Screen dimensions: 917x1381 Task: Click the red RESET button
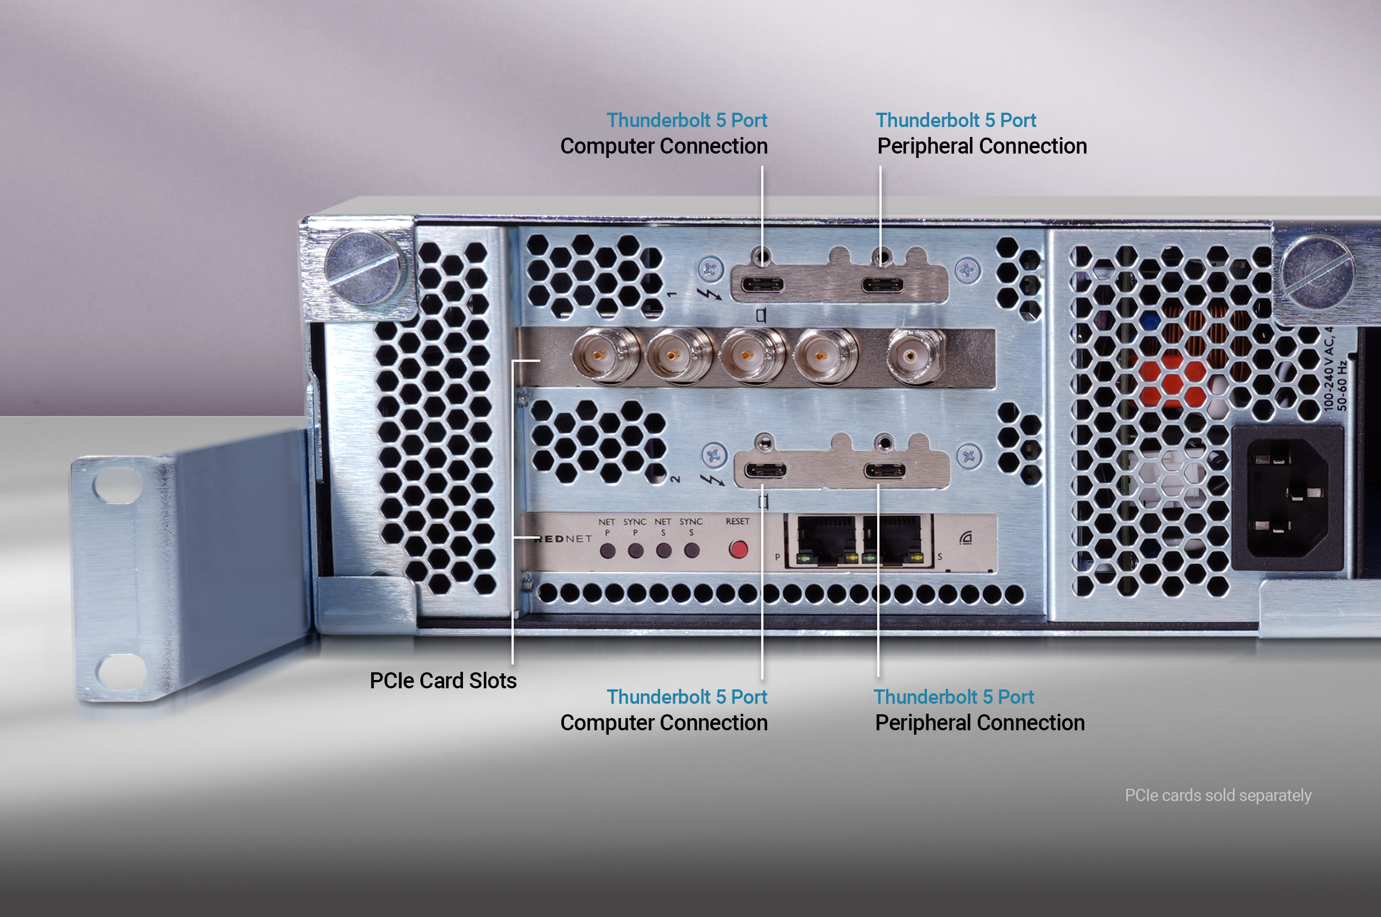click(x=738, y=549)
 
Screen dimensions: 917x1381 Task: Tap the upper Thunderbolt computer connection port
click(x=762, y=286)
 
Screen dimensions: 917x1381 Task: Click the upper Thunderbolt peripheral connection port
click(x=882, y=286)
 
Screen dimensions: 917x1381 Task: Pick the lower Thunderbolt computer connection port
click(x=765, y=470)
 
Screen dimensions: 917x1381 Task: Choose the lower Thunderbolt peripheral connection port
click(x=884, y=470)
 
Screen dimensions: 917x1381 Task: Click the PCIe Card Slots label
click(x=442, y=681)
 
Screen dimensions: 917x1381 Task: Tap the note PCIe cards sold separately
click(x=1218, y=795)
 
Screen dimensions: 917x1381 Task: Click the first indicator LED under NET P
click(x=608, y=550)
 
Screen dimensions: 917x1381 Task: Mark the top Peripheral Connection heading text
click(x=982, y=146)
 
